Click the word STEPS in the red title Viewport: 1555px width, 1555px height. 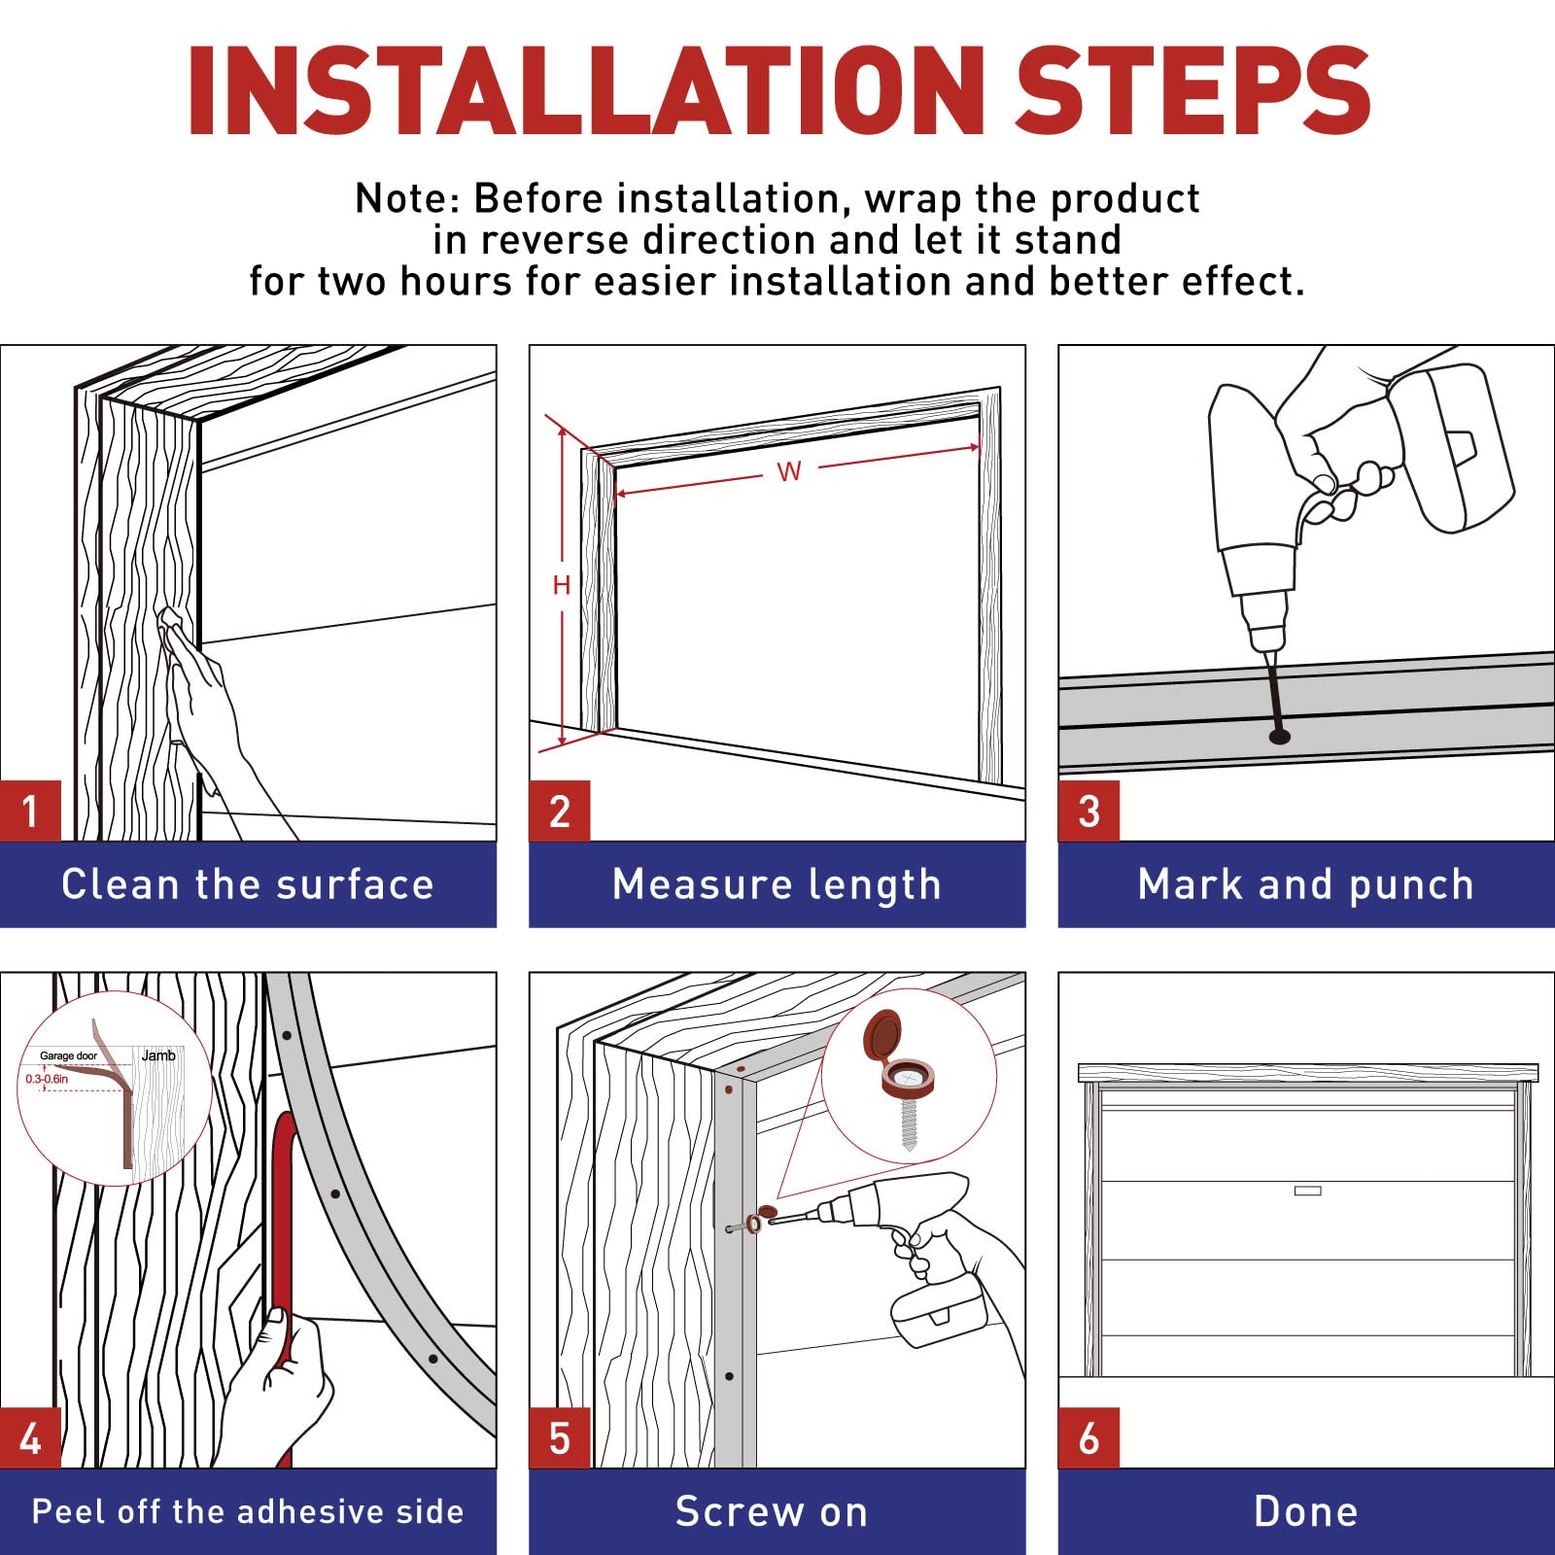pos(1192,90)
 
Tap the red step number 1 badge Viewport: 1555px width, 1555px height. pos(30,811)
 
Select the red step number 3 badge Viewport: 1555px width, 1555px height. pos(1088,811)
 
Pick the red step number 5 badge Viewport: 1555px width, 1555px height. pos(560,1437)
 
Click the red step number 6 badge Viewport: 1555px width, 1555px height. pos(1088,1437)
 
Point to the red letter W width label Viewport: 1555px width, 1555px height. pos(789,471)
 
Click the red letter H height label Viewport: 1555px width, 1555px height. pos(561,585)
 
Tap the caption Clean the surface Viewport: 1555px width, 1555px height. pos(248,884)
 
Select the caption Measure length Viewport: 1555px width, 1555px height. pos(777,885)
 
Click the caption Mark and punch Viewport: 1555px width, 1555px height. pos(1306,885)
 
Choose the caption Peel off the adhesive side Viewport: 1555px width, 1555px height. pos(248,1511)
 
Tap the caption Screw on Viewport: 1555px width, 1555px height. pos(772,1512)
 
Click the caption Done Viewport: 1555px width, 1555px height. pos(1306,1511)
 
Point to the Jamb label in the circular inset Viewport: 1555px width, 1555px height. pos(158,1055)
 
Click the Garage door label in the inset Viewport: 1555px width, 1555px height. pos(68,1055)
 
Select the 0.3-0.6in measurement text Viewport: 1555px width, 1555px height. pos(47,1079)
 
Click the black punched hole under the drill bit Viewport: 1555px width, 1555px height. pos(1280,737)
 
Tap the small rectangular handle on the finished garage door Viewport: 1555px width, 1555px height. pos(1307,1191)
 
